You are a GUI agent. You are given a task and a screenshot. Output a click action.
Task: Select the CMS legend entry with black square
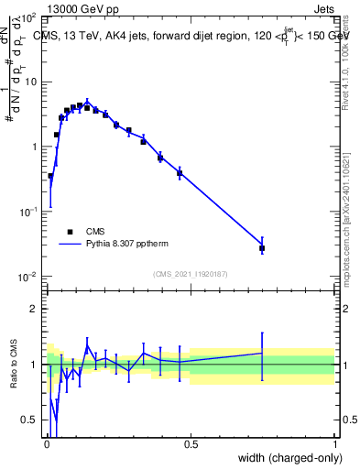pos(70,232)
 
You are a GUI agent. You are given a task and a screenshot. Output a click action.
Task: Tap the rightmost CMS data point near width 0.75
pos(262,248)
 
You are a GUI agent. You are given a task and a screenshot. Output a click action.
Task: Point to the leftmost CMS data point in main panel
pos(50,176)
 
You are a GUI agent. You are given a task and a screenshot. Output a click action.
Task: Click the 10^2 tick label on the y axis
pos(28,18)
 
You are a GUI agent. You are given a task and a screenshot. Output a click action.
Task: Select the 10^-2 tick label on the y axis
pos(27,277)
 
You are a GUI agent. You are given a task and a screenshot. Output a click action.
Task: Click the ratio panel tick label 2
pos(34,309)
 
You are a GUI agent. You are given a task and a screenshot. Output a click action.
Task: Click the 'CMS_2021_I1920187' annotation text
pos(190,274)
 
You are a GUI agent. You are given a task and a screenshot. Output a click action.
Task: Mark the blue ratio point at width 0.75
pos(262,353)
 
